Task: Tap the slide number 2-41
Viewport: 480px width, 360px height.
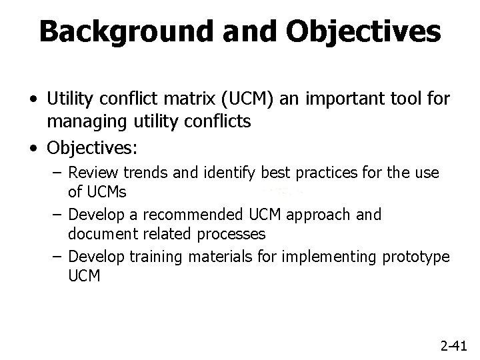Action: pyautogui.click(x=455, y=345)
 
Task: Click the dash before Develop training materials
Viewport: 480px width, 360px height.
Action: pyautogui.click(x=58, y=256)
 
